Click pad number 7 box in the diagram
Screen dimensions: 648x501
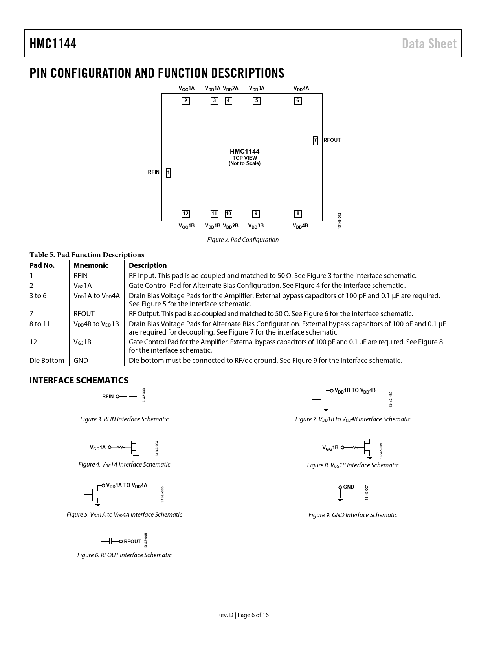tap(315, 140)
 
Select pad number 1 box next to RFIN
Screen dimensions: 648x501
tap(168, 172)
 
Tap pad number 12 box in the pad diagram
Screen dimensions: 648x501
tap(185, 214)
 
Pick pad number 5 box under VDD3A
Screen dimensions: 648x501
tap(256, 101)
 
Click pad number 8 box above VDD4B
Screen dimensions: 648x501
tap(298, 214)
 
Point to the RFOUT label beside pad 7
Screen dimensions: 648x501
tap(332, 140)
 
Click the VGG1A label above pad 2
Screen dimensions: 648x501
tap(186, 88)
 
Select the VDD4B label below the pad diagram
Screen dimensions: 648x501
tap(300, 226)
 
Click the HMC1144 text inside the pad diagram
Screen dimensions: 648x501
tap(244, 152)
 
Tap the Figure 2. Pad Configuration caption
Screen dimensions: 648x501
tap(243, 240)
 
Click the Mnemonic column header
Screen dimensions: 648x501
tap(91, 265)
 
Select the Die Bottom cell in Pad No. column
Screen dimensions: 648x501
tap(47, 361)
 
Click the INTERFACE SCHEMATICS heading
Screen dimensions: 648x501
tap(79, 380)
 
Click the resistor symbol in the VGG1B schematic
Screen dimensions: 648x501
tap(354, 447)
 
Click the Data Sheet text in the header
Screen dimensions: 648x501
tap(429, 44)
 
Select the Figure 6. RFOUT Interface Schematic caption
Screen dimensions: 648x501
tap(124, 555)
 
